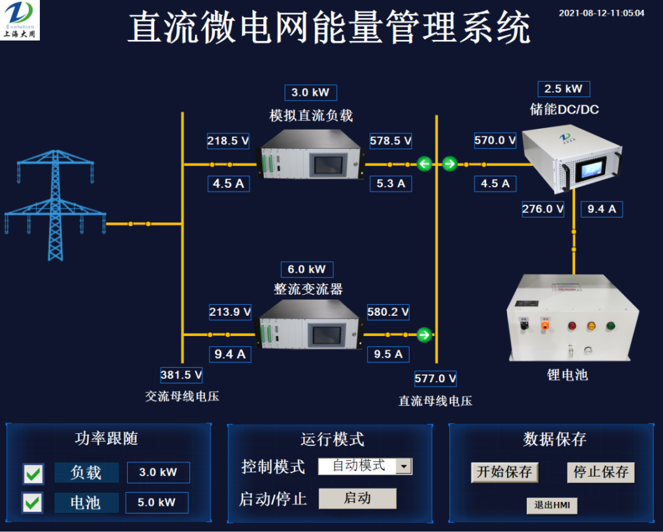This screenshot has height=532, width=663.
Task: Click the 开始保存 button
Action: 505,472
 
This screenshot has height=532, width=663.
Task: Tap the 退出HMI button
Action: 552,505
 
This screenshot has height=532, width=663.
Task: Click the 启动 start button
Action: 357,498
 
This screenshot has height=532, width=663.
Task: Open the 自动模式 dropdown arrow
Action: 404,466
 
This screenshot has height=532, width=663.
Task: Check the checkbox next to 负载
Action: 33,474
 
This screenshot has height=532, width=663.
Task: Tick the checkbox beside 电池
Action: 33,503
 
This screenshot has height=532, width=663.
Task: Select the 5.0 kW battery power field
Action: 157,503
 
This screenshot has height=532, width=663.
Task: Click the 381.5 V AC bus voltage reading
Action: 181,375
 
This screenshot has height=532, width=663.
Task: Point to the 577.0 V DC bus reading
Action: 435,378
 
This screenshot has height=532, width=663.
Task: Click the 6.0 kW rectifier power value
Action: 307,269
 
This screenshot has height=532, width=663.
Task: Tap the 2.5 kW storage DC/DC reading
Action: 564,88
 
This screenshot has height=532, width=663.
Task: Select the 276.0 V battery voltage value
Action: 543,209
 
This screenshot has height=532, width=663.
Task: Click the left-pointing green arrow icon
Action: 424,164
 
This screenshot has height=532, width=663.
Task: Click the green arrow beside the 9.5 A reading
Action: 424,335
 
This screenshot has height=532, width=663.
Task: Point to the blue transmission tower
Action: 55,203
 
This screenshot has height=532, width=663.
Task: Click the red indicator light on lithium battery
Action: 572,326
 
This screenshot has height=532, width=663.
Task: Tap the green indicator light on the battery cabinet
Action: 611,326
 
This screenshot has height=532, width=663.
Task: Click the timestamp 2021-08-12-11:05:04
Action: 602,12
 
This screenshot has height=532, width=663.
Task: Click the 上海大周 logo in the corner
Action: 20,20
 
